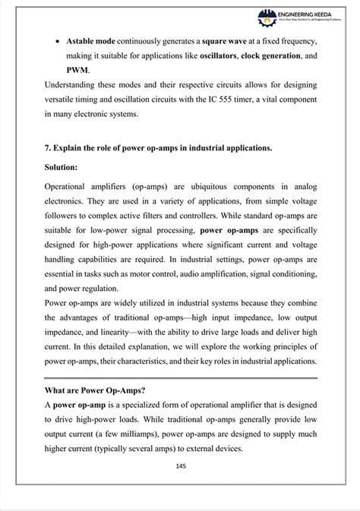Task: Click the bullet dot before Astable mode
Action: click(58, 39)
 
